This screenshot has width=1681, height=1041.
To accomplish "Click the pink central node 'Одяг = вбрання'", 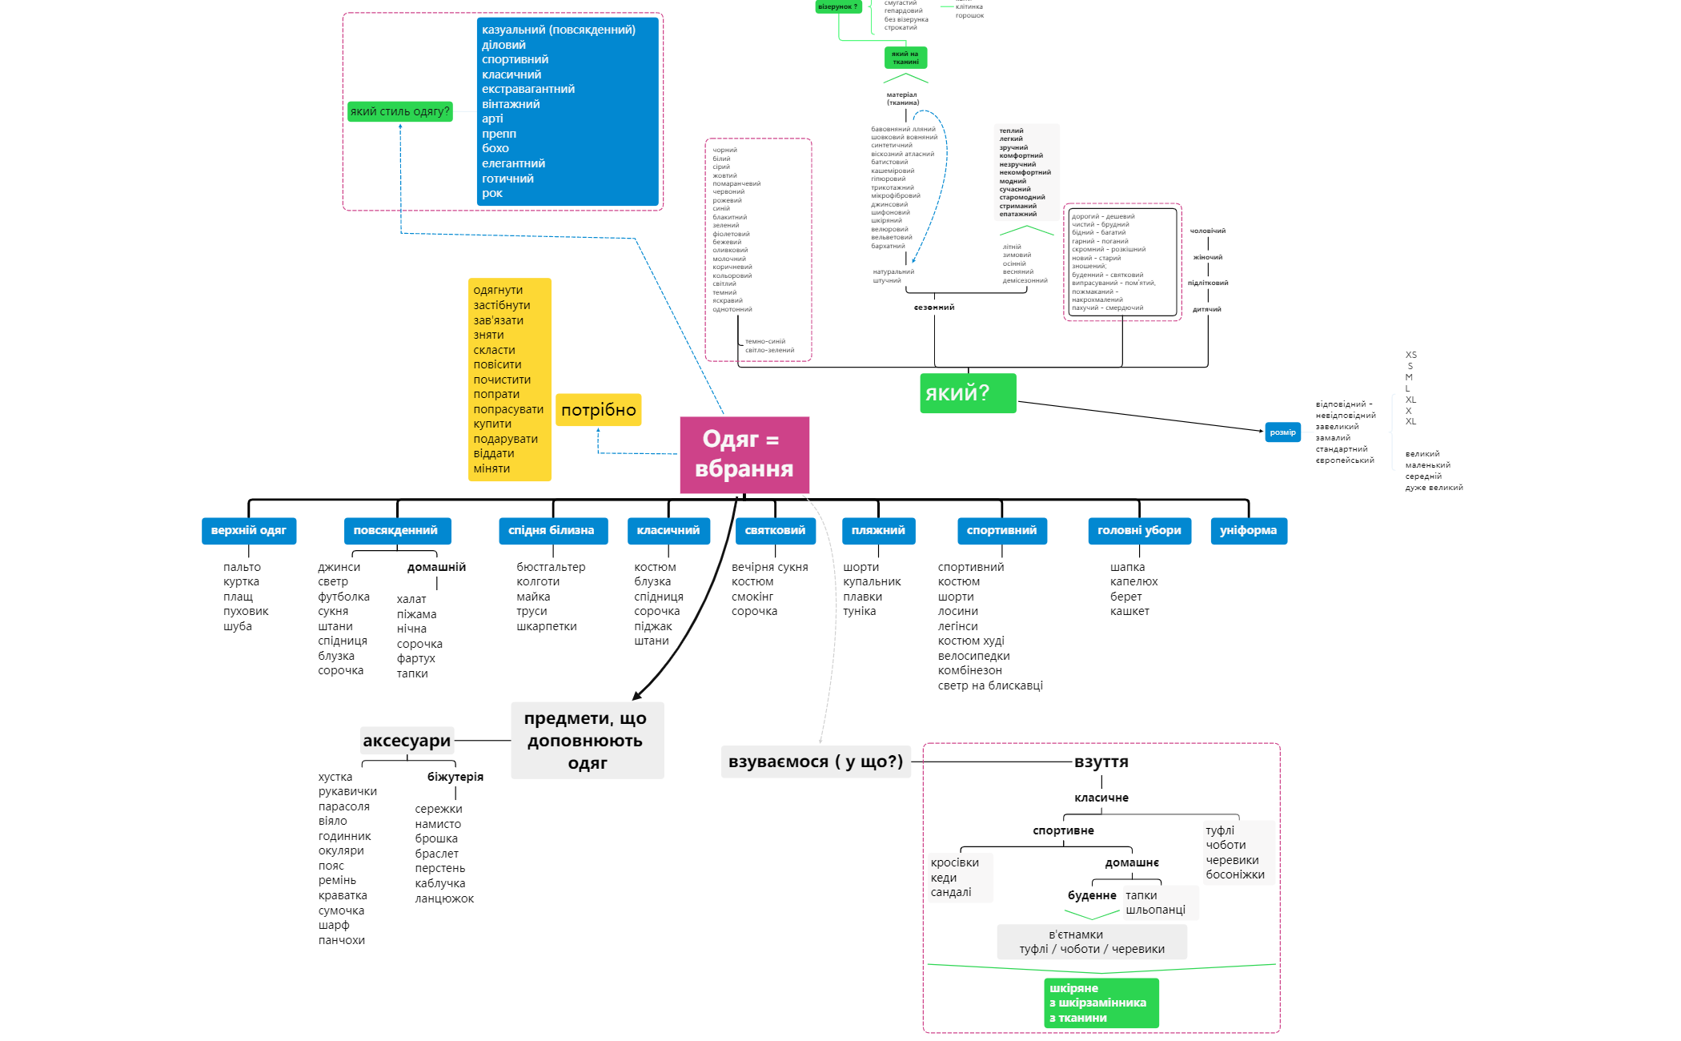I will click(744, 455).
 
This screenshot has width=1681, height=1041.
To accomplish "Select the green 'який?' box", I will click(968, 393).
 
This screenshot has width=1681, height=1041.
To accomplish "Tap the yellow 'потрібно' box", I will click(598, 410).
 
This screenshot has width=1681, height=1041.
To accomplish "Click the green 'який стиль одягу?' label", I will click(399, 111).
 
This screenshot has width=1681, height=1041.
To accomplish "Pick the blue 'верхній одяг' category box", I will click(248, 531).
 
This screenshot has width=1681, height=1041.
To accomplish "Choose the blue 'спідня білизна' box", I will click(552, 531).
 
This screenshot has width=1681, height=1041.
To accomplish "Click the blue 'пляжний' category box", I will click(878, 531).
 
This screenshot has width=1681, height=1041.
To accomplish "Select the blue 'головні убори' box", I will click(1139, 531).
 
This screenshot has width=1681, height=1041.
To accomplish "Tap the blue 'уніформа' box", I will click(1248, 531).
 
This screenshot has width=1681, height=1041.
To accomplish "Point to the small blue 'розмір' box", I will click(1282, 432).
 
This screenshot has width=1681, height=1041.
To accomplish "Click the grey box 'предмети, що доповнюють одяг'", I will click(587, 741).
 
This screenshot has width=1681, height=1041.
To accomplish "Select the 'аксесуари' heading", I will click(407, 741).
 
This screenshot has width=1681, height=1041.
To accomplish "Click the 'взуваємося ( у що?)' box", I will click(816, 762).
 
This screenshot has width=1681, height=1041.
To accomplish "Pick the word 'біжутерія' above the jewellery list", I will click(455, 777).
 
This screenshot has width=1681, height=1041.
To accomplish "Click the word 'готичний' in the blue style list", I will click(508, 179).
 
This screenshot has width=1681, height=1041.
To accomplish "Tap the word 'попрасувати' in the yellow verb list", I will click(508, 409).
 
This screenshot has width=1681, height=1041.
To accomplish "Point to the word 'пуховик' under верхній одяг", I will click(246, 611).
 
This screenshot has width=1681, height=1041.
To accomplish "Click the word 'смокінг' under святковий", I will click(752, 597).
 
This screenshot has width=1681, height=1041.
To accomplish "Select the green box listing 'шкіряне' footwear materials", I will click(1101, 1003).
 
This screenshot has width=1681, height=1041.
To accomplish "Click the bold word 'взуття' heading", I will click(1101, 762).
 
